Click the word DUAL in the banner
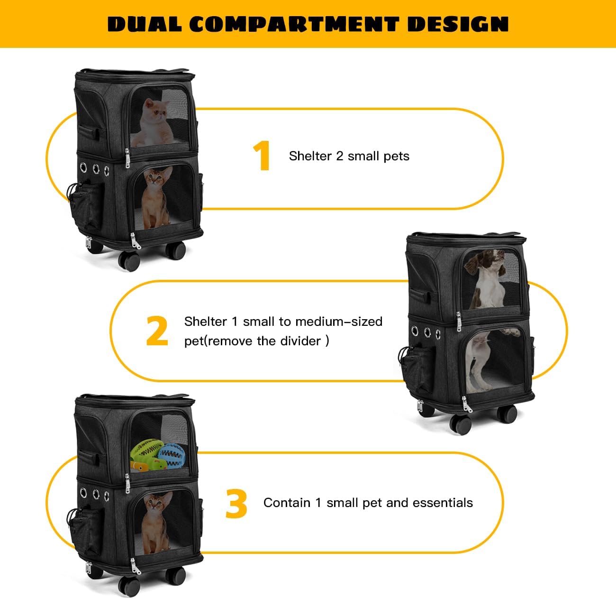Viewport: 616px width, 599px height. pos(145,24)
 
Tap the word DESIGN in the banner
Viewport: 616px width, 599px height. pos(458,24)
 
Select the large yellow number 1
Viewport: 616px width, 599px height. pos(262,156)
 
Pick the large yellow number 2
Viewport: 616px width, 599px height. pos(157,331)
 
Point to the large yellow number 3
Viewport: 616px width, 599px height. pos(236,503)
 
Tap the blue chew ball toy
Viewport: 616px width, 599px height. pos(171,455)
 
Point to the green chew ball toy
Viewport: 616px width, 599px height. pos(146,449)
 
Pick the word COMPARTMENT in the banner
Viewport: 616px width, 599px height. pos(294,24)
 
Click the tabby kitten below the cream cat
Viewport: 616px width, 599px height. pos(156,197)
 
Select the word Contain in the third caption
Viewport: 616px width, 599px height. pos(287,503)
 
